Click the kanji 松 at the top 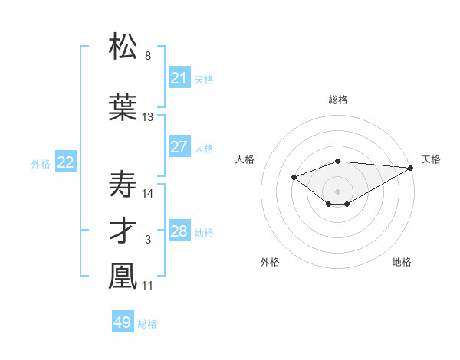pos(123,47)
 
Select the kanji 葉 pos(123,106)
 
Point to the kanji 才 pos(123,232)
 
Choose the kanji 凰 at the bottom pos(123,277)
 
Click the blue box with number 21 pos(179,78)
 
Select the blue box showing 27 pos(179,147)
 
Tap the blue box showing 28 pos(179,232)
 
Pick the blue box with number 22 pos(66,162)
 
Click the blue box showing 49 pos(123,322)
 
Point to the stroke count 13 pos(148,117)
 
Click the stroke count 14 pos(148,193)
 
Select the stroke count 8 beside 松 pos(148,56)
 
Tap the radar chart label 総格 pos(337,100)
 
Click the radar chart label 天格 pos(431,159)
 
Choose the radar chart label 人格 pos(245,159)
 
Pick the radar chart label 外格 pos(270,262)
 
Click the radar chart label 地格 pos(402,262)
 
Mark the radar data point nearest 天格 pos(412,167)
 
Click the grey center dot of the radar pos(337,191)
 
